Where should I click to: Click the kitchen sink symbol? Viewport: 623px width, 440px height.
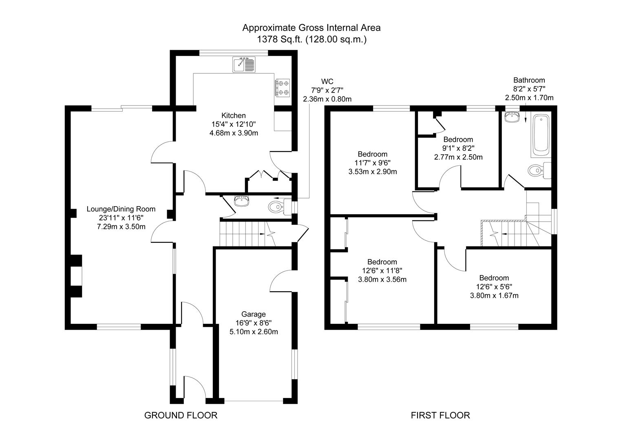click(244, 64)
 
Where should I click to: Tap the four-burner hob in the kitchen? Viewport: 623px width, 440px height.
click(283, 88)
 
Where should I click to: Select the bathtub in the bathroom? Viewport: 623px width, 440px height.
click(541, 136)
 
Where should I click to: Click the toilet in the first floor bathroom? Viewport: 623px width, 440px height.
click(537, 170)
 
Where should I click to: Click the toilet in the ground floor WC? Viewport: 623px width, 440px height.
click(278, 207)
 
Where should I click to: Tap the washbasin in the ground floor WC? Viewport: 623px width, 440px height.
click(243, 201)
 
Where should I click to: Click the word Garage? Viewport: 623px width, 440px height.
click(253, 314)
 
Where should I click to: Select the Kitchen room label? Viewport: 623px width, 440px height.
click(233, 115)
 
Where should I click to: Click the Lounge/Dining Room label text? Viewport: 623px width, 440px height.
click(121, 209)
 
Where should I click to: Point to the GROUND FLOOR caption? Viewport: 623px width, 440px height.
click(181, 415)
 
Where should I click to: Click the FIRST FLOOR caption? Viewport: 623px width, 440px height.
click(440, 415)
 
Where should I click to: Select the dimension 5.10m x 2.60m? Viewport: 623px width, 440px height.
click(253, 332)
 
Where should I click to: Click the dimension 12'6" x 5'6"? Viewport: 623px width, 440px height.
click(494, 287)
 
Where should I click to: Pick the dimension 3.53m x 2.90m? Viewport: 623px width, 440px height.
click(372, 172)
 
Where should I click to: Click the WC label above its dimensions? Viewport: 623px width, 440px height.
click(327, 81)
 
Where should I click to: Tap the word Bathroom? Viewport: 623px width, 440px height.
click(529, 80)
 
